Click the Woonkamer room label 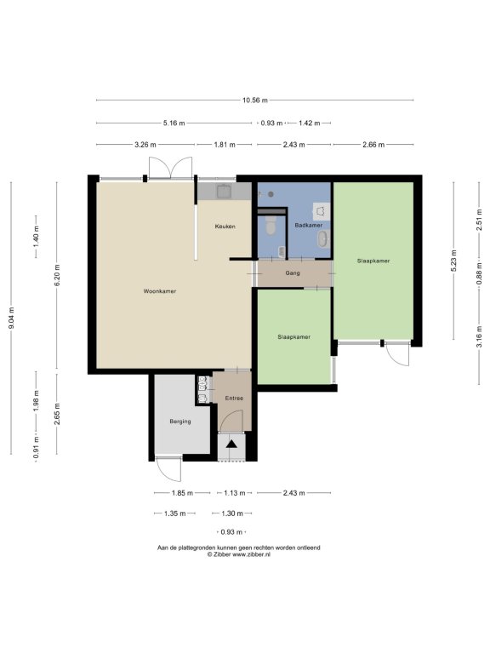[x=160, y=291]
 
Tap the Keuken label [x=225, y=227]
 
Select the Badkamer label [x=308, y=225]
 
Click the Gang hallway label [x=293, y=273]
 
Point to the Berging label [x=180, y=422]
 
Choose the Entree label [x=234, y=399]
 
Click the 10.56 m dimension [x=255, y=100]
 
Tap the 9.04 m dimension [x=11, y=318]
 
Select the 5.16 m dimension [x=174, y=123]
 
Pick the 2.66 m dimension [x=373, y=145]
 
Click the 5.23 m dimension [x=453, y=261]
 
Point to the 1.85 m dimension [x=182, y=493]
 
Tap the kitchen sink [x=225, y=191]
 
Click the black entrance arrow [x=231, y=444]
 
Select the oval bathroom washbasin [x=322, y=239]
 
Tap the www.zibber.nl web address [x=251, y=554]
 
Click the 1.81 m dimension [x=225, y=145]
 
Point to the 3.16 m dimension [x=479, y=336]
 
